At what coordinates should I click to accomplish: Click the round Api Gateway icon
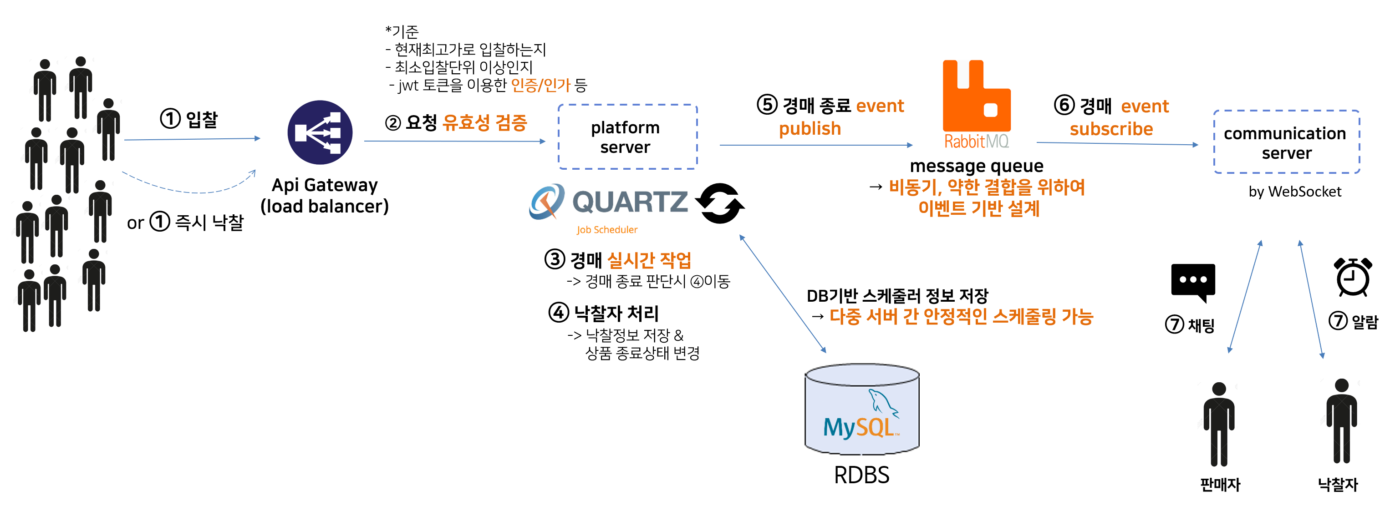[x=320, y=132]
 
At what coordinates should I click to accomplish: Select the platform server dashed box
[x=627, y=137]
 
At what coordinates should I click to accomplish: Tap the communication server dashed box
[x=1286, y=142]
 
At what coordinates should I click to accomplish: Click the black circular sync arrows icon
[x=719, y=203]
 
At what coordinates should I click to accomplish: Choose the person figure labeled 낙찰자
[x=1341, y=421]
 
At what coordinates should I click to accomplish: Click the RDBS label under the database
[x=861, y=475]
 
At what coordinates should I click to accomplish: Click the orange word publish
[x=810, y=129]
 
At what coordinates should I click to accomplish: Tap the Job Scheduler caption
[x=606, y=230]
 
